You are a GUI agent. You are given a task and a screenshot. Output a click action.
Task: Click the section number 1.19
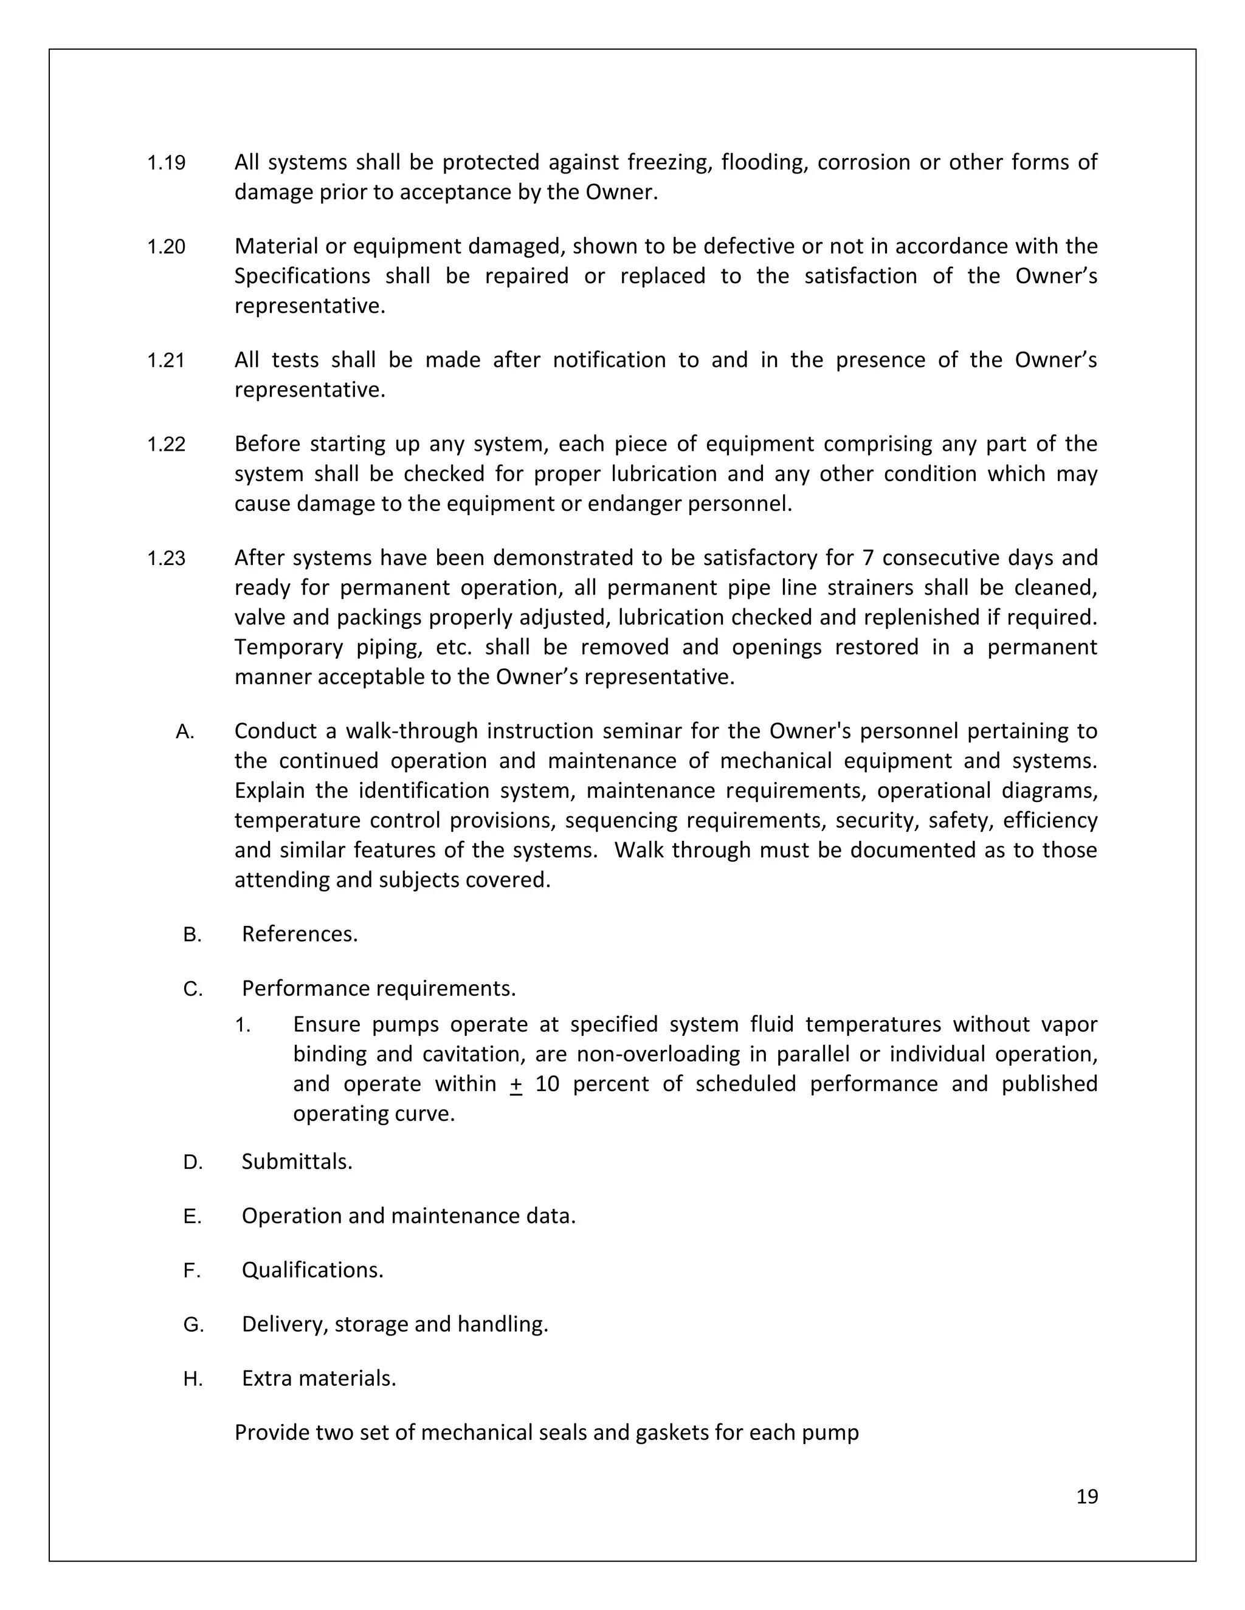tap(166, 163)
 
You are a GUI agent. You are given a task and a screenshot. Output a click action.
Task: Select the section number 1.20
tap(166, 247)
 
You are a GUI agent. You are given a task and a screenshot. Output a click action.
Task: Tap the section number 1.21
tap(166, 360)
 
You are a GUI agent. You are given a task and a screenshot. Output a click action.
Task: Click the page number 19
tap(1087, 1496)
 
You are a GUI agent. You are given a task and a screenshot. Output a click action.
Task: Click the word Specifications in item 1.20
tap(302, 276)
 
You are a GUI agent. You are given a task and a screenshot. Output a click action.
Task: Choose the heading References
tap(300, 934)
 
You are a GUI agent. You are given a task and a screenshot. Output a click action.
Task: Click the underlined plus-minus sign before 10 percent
tap(516, 1084)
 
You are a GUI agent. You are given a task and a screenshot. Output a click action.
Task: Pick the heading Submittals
tap(297, 1162)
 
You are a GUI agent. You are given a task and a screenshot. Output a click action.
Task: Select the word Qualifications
tap(312, 1270)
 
